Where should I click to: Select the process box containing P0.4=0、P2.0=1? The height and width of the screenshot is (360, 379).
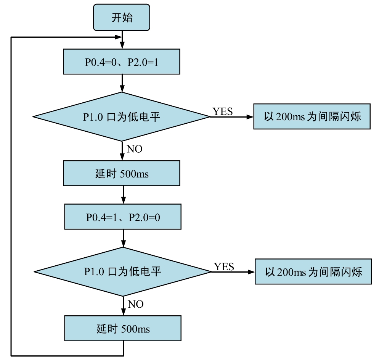122,61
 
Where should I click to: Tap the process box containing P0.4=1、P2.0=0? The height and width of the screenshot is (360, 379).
123,217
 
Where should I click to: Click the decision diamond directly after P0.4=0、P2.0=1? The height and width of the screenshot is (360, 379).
122,117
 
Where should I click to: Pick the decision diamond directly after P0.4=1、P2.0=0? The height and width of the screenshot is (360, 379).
123,271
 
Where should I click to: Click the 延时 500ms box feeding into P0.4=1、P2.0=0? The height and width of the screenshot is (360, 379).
122,173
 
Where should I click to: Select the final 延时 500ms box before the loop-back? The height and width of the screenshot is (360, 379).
123,328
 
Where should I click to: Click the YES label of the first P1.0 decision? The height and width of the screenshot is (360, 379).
223,111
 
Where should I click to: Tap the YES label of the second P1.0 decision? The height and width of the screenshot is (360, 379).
224,266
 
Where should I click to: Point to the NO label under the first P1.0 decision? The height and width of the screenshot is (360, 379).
134,149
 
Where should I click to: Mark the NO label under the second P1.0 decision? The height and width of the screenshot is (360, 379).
135,304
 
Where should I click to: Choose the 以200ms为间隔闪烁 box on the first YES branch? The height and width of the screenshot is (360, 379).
312,116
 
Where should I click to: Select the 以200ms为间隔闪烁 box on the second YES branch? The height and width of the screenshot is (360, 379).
313,272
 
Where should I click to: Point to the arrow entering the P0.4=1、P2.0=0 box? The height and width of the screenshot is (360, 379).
123,195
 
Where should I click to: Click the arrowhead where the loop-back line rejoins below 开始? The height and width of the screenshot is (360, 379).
118,37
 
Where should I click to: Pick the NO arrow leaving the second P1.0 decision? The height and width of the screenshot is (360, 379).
123,306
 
